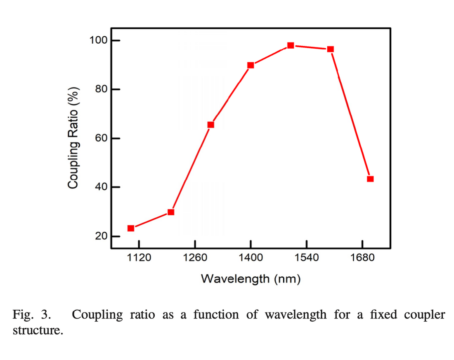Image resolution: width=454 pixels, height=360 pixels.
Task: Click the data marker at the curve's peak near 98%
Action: click(291, 45)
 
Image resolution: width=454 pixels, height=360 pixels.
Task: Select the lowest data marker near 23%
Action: click(131, 228)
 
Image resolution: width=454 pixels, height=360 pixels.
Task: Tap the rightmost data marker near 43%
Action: click(370, 179)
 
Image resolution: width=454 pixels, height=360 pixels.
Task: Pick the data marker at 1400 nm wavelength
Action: click(251, 65)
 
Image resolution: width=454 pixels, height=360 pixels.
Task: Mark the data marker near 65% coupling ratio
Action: click(210, 125)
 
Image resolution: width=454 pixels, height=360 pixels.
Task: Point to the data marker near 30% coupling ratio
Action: click(171, 212)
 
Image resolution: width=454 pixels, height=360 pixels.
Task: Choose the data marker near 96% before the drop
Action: click(330, 49)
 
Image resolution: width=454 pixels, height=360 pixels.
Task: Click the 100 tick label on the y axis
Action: click(97, 40)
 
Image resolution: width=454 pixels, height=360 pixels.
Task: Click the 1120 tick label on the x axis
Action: click(139, 258)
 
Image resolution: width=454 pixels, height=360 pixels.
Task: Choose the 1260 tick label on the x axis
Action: click(195, 258)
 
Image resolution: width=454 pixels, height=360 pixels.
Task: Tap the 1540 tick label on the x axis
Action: click(306, 258)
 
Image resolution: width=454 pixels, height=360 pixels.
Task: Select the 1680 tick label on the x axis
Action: click(362, 258)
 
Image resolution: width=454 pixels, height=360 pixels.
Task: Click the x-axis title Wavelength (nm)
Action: click(251, 279)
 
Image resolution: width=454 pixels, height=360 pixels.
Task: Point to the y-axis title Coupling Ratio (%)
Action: click(74, 138)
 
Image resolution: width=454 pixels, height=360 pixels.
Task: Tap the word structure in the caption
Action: click(38, 331)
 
